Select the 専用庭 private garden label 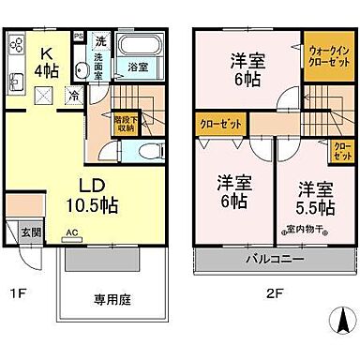[x=110, y=302]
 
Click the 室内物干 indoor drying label [x=302, y=230]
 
